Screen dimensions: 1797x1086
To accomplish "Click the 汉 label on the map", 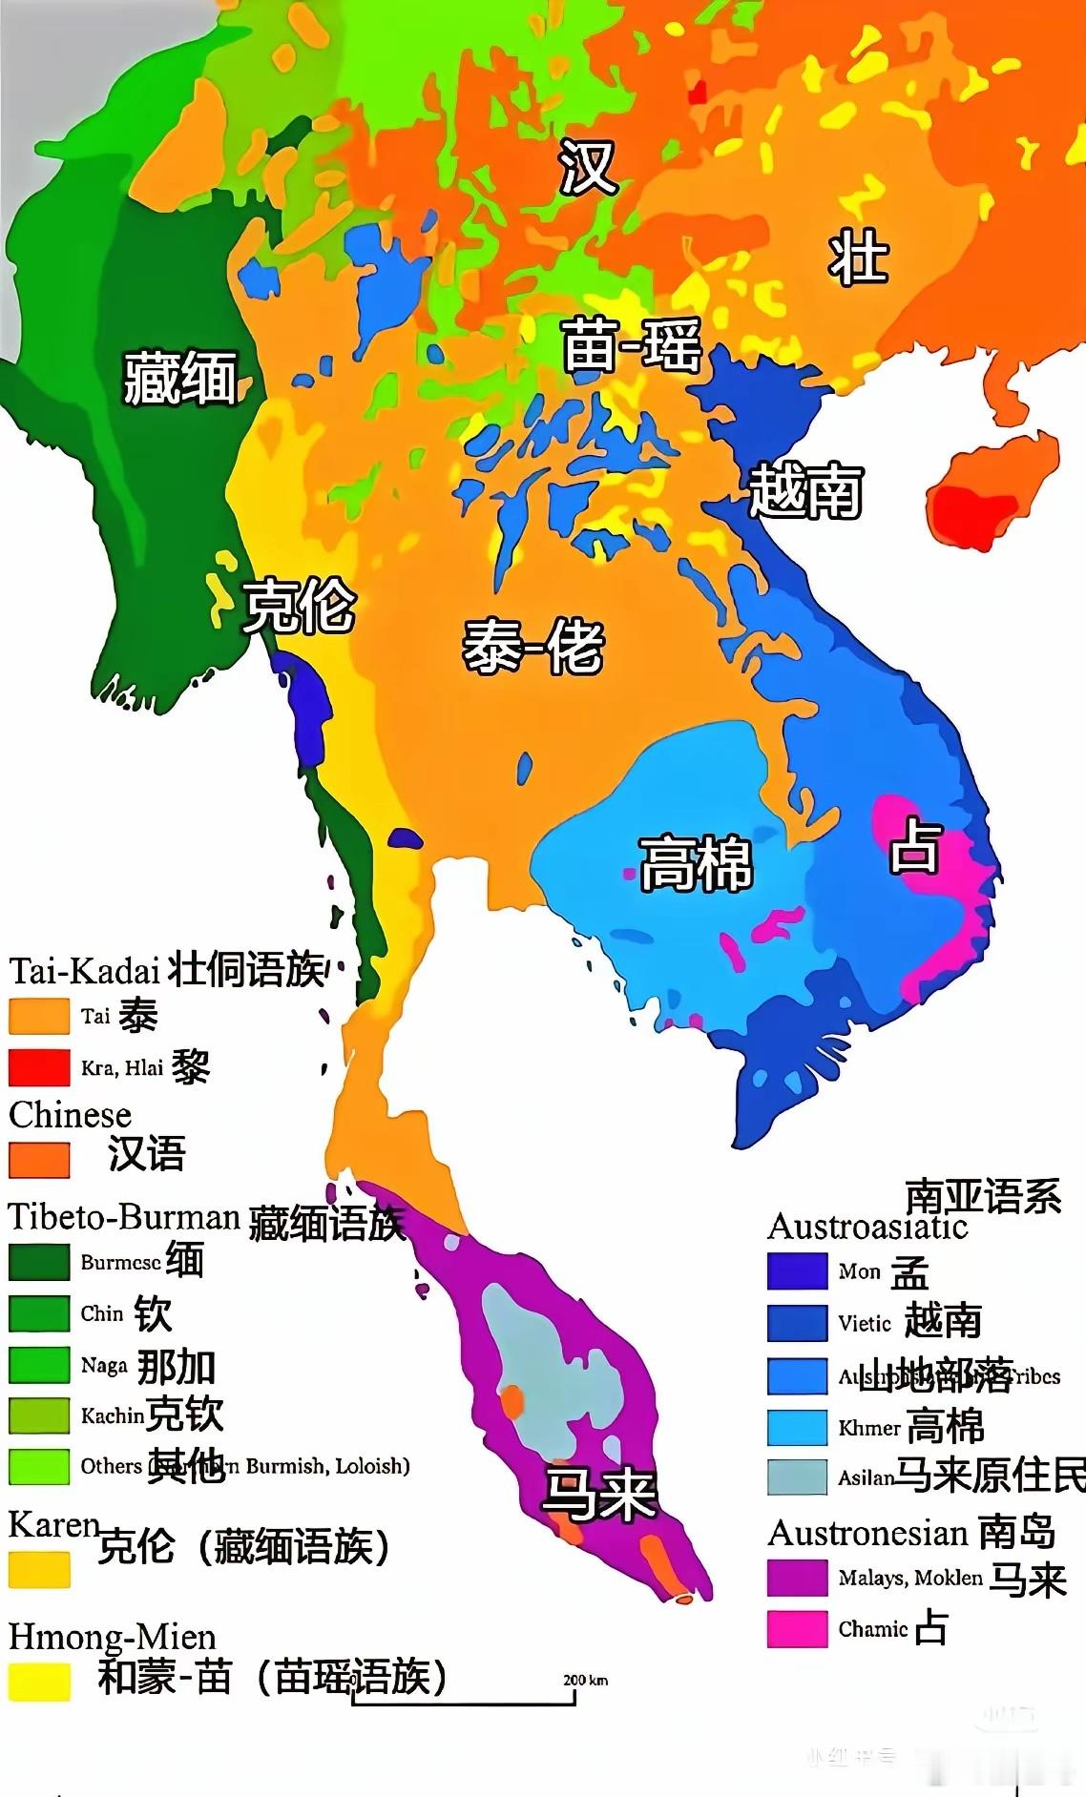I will [588, 166].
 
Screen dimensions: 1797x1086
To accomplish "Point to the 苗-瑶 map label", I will [633, 345].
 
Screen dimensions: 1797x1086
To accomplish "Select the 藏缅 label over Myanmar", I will [180, 377].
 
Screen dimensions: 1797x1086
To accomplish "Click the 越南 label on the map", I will [806, 490].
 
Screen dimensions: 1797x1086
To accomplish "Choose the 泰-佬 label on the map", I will [533, 646].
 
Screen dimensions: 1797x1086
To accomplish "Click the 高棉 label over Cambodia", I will [696, 863].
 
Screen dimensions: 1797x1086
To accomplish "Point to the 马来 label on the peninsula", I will [599, 1494].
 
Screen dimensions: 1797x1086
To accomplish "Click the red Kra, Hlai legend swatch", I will [39, 1067].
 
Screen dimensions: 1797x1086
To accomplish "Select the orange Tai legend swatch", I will [39, 1016].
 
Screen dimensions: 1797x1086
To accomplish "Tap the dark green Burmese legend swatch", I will [39, 1262].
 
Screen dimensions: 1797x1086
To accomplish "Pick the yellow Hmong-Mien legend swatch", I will [39, 1683].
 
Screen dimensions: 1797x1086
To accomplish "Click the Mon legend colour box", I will [797, 1270].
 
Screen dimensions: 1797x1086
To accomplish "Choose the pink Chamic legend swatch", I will [797, 1629].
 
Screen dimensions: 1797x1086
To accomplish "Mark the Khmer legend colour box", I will [797, 1427].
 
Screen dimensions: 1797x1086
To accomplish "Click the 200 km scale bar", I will [465, 1701].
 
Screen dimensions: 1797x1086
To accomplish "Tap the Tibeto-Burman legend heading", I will [124, 1218].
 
